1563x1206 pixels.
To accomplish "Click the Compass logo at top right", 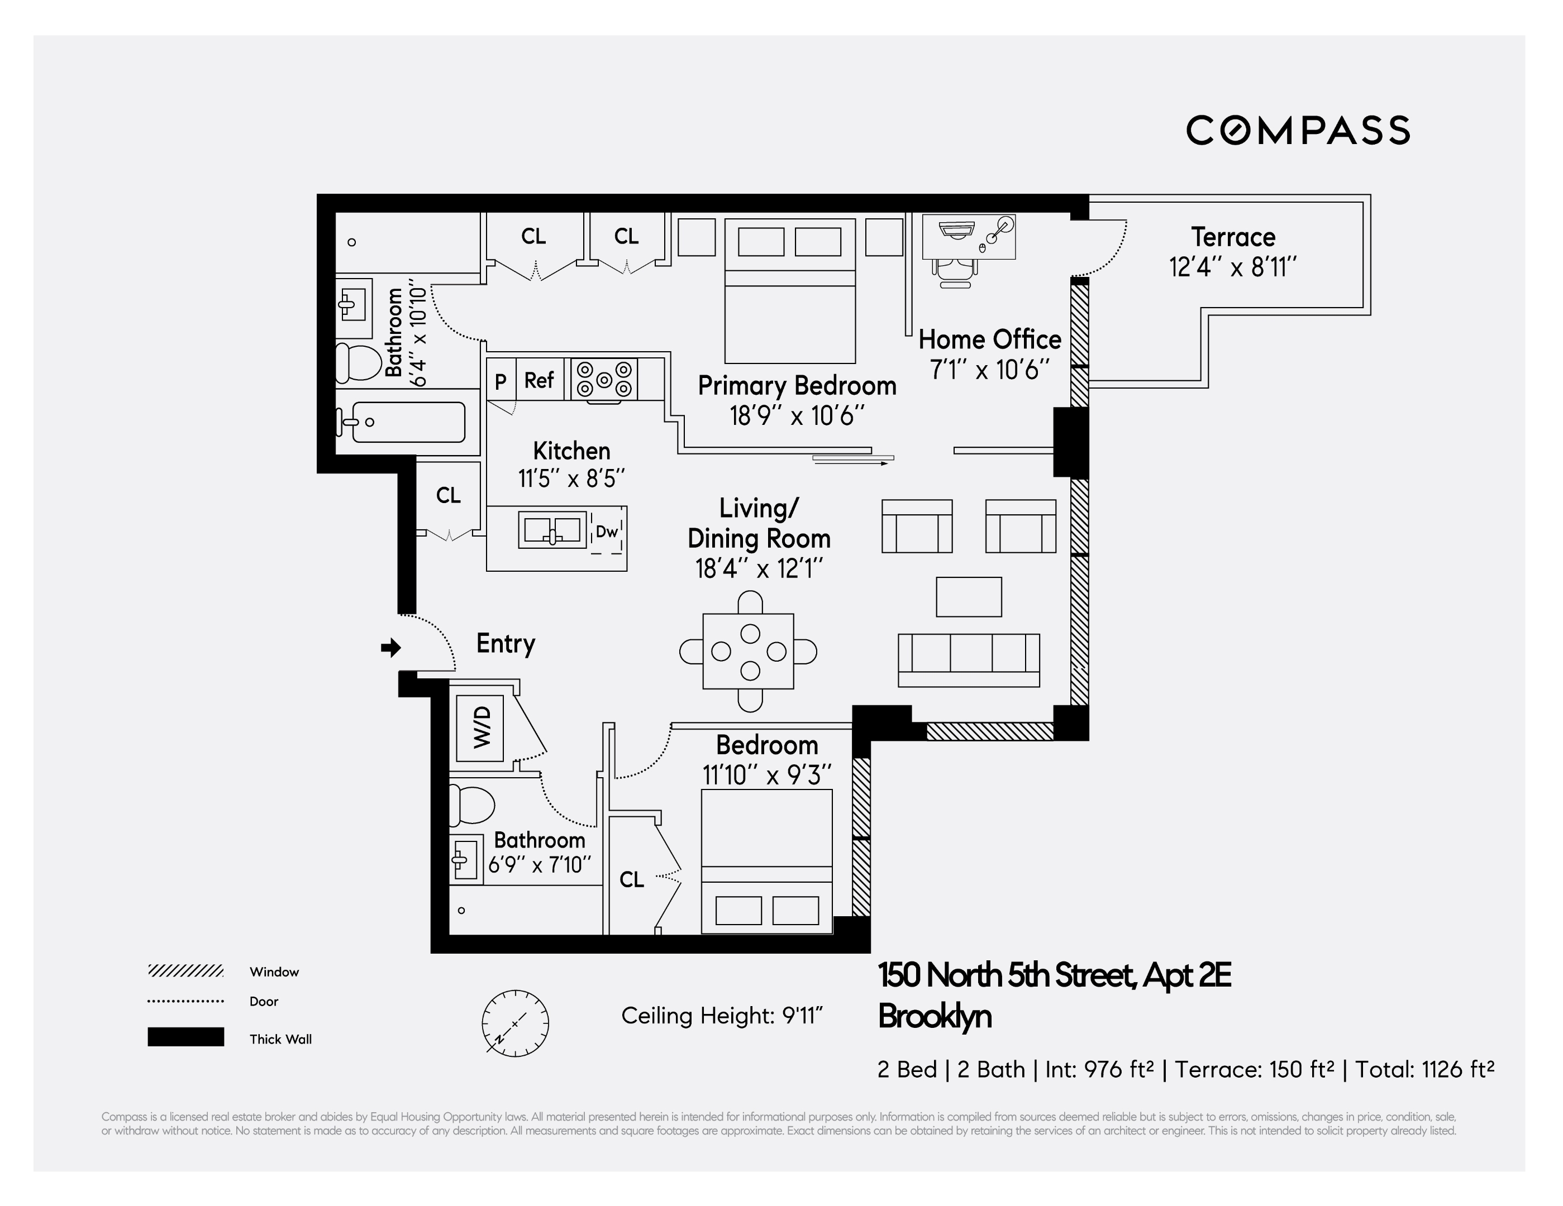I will coord(1298,130).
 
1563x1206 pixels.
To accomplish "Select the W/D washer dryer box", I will coord(481,727).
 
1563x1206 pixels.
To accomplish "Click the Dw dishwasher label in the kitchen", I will coord(606,532).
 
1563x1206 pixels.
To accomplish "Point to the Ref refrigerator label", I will coord(539,380).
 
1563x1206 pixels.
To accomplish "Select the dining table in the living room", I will coord(749,651).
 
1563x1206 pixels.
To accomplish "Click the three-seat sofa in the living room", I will coord(968,659).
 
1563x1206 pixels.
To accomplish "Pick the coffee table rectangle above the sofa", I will coord(968,596).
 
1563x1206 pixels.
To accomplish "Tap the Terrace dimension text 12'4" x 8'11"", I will coord(1232,267).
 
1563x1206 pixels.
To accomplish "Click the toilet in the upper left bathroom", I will coord(359,363).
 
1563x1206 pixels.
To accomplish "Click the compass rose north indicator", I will coord(514,1023).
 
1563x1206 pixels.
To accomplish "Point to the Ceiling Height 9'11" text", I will coord(721,1016).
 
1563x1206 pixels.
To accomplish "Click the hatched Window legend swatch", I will coord(185,971).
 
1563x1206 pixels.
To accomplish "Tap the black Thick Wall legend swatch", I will coord(185,1037).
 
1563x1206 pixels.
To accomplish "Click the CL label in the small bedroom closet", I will coord(631,879).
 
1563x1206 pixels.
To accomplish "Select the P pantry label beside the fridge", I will coord(501,382).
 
